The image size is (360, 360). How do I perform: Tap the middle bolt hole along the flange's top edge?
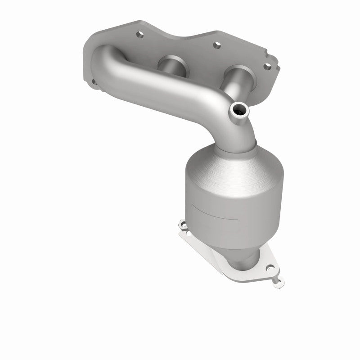tap(217, 45)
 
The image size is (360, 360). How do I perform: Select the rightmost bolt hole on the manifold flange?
tap(268, 66)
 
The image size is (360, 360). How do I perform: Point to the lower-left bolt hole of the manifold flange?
tap(94, 82)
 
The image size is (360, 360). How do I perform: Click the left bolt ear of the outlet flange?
tap(182, 224)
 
